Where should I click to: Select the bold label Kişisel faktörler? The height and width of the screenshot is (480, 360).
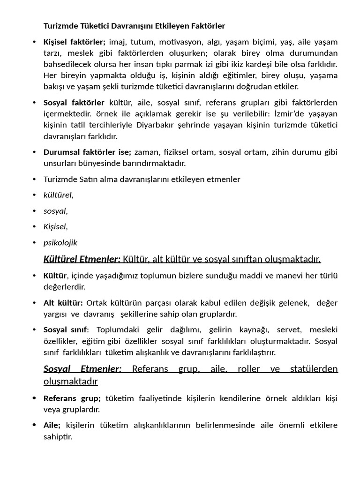pos(75,42)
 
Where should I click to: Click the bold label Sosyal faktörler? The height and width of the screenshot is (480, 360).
pos(74,102)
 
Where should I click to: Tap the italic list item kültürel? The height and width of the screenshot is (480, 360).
pos(59,195)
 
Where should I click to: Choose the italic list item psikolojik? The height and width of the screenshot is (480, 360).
pos(60,242)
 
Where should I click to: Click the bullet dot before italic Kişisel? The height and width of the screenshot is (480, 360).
pos(35,227)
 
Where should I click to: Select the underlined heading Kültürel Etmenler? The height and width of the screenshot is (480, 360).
pos(82,259)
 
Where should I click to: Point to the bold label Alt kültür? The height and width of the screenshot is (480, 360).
pos(63,303)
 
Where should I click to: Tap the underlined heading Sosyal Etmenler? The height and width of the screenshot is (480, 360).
pos(82,369)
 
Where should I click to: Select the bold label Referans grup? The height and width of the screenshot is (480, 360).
pos(72,398)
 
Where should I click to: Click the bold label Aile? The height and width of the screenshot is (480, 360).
pos(52,425)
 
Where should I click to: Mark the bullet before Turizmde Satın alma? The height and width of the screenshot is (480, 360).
pos(35,179)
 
